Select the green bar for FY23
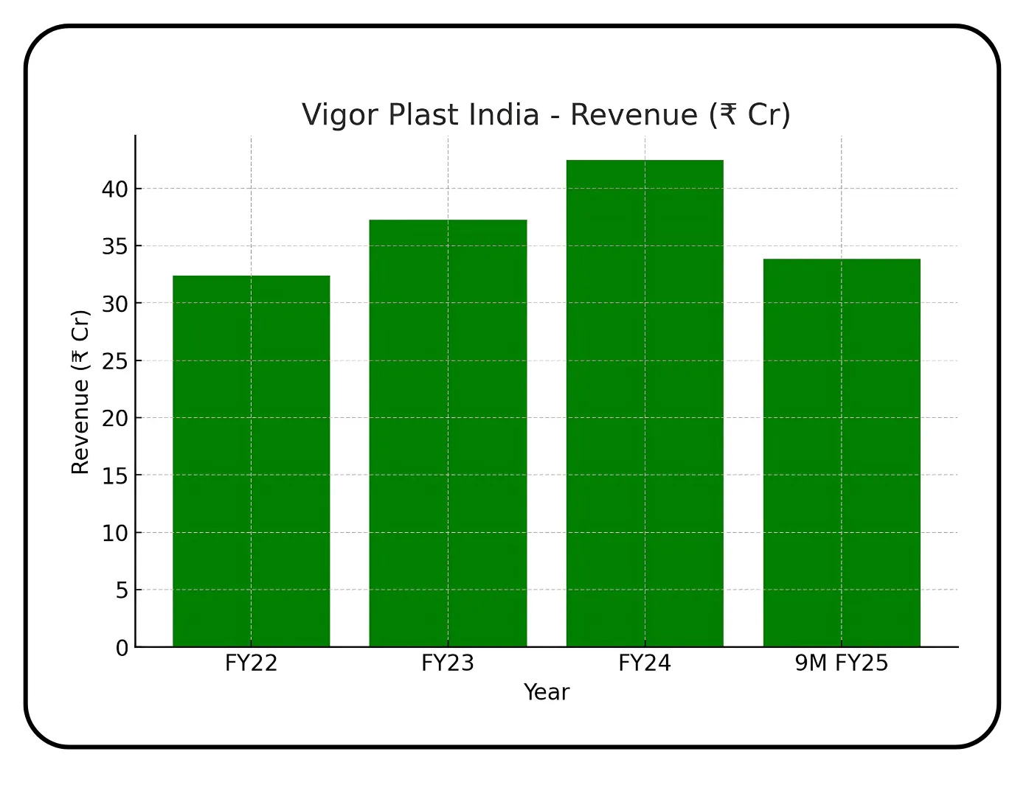click(x=448, y=433)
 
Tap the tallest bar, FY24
click(x=645, y=403)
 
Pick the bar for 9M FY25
click(x=842, y=453)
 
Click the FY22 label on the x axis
click(x=251, y=663)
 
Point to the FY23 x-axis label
click(x=448, y=663)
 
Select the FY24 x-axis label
click(x=645, y=663)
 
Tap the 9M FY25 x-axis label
click(x=842, y=663)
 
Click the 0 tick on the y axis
click(x=122, y=649)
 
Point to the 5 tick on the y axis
click(x=122, y=590)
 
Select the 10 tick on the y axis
click(x=115, y=533)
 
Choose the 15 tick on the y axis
click(x=115, y=476)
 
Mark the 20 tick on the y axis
click(x=115, y=419)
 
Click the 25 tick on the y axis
click(x=115, y=361)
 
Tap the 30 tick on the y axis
click(x=115, y=304)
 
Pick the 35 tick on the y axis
click(x=115, y=246)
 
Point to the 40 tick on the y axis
click(x=115, y=189)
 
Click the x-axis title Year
click(x=547, y=692)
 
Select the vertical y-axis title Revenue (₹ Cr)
click(x=80, y=391)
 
